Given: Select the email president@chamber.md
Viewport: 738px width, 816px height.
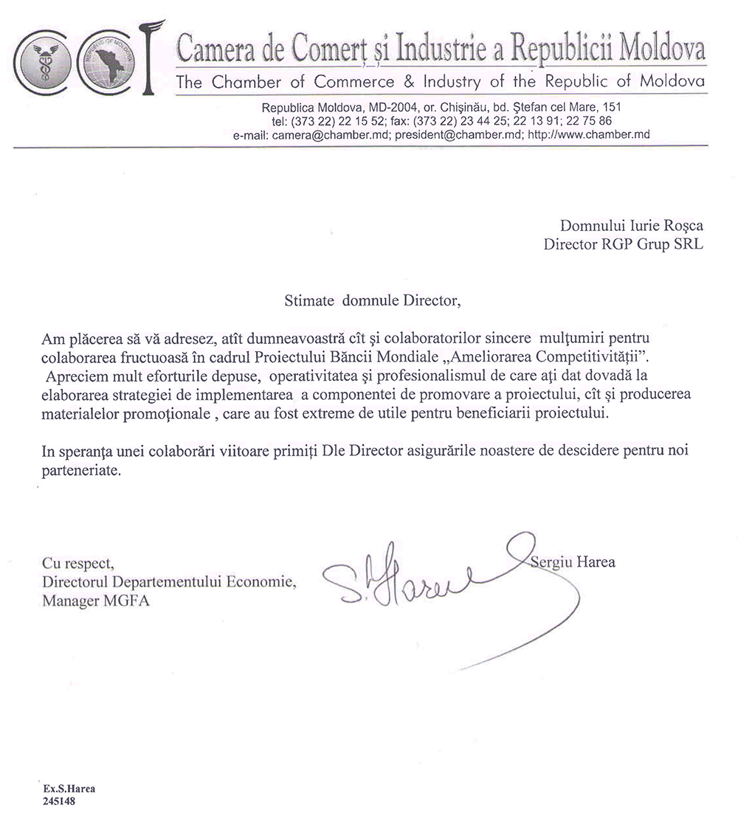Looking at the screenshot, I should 457,135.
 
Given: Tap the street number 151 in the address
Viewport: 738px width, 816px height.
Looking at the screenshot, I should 612,108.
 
